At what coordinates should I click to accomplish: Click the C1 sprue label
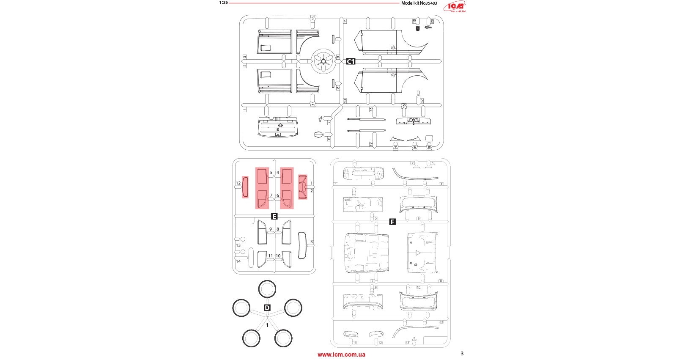pyautogui.click(x=351, y=61)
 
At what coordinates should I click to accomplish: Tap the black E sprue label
pyautogui.click(x=274, y=216)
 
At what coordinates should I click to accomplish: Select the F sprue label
pyautogui.click(x=392, y=222)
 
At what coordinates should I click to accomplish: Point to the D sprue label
pyautogui.click(x=267, y=308)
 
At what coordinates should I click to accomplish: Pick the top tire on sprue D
pyautogui.click(x=267, y=289)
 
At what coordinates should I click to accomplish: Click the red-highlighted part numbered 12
pyautogui.click(x=245, y=187)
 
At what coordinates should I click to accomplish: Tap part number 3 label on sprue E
pyautogui.click(x=312, y=242)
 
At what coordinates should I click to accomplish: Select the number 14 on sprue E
pyautogui.click(x=238, y=261)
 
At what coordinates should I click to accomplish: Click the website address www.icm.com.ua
pyautogui.click(x=341, y=355)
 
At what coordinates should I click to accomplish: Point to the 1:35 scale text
pyautogui.click(x=223, y=3)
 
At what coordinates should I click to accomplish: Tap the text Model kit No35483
pyautogui.click(x=419, y=3)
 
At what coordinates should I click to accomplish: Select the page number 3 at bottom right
pyautogui.click(x=462, y=353)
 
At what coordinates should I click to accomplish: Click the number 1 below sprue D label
pyautogui.click(x=267, y=325)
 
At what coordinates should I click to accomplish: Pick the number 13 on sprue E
pyautogui.click(x=238, y=245)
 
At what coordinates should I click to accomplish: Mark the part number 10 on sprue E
pyautogui.click(x=278, y=256)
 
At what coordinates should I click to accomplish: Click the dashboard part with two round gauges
pyautogui.click(x=413, y=121)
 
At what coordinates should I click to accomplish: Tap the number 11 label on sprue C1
pyautogui.click(x=345, y=21)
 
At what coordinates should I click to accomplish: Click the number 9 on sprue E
pyautogui.click(x=271, y=229)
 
